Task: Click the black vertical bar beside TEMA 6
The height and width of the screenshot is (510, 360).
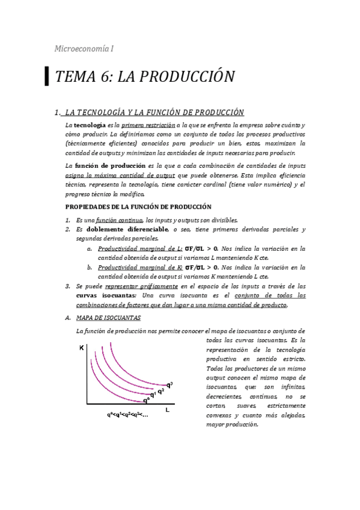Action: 47,76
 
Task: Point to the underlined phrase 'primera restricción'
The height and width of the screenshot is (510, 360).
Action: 143,124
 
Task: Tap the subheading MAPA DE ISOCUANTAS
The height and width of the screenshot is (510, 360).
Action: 108,317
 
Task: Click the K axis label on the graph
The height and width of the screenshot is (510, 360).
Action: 81,348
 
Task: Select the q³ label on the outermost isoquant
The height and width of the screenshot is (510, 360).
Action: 169,385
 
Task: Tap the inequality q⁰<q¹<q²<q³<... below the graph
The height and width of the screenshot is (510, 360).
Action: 127,415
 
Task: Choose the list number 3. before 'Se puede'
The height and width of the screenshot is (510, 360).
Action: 68,286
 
